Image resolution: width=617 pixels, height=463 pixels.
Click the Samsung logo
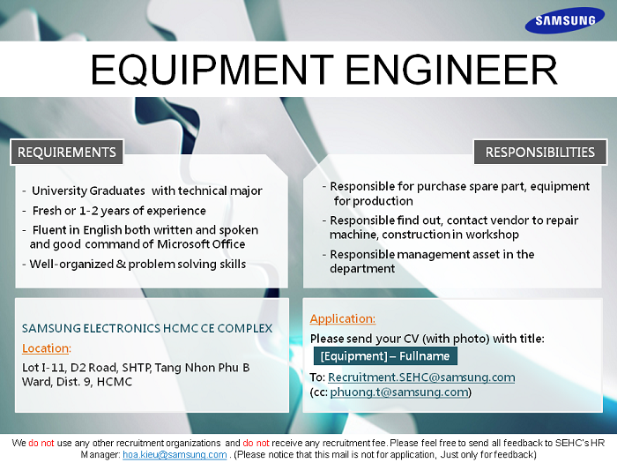[x=565, y=19]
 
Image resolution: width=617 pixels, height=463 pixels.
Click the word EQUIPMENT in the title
[x=212, y=70]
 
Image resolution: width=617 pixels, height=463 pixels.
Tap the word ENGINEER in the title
[x=451, y=70]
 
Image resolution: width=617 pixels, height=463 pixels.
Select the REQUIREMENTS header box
[x=66, y=152]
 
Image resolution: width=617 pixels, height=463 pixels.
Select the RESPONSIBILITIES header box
[x=539, y=152]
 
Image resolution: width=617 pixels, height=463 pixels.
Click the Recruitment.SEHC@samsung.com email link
[x=421, y=377]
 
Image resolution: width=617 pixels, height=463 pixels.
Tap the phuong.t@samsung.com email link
[x=399, y=392]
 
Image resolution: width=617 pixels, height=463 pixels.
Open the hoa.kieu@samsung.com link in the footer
[x=175, y=454]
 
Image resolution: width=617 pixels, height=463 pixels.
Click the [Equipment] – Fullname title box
[x=385, y=356]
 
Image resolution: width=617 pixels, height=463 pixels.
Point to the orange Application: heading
[x=342, y=318]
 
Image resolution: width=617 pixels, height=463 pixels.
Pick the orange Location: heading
[x=47, y=348]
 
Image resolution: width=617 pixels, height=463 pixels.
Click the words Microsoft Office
[x=201, y=244]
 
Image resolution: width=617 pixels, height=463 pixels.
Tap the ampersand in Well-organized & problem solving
[x=121, y=264]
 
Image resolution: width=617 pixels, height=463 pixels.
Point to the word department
[x=362, y=268]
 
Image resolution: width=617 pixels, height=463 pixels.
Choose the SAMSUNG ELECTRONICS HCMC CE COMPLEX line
[x=147, y=328]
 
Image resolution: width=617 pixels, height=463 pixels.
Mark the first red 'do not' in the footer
[x=41, y=443]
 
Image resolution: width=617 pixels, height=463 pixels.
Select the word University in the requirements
[x=58, y=191]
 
